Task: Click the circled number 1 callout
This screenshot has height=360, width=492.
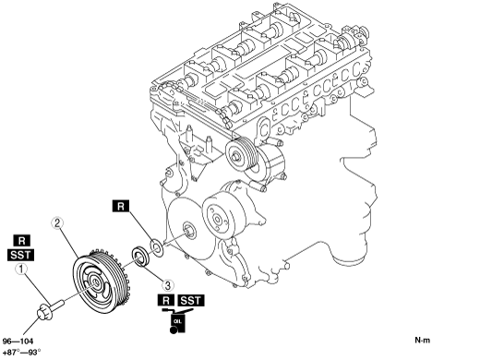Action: (x=21, y=269)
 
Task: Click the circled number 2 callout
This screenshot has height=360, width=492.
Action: (x=57, y=222)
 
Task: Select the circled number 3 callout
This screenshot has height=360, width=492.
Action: (x=168, y=285)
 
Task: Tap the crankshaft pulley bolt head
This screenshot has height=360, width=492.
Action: (x=45, y=312)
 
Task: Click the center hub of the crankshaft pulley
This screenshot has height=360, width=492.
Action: (x=94, y=283)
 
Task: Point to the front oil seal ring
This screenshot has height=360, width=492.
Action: (x=141, y=257)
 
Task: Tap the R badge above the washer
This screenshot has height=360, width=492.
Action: (x=121, y=206)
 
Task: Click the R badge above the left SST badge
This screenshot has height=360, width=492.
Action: (x=21, y=241)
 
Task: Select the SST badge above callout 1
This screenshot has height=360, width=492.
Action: (x=20, y=255)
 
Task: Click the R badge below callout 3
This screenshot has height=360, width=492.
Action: (x=166, y=300)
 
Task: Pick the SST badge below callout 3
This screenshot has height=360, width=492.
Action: (x=190, y=300)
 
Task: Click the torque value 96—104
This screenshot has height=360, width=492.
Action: (x=18, y=342)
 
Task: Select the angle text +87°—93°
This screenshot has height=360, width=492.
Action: (x=21, y=353)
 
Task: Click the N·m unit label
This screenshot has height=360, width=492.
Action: (x=423, y=340)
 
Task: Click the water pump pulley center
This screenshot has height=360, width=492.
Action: (x=217, y=220)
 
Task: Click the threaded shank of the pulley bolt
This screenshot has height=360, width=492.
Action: (x=57, y=305)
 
